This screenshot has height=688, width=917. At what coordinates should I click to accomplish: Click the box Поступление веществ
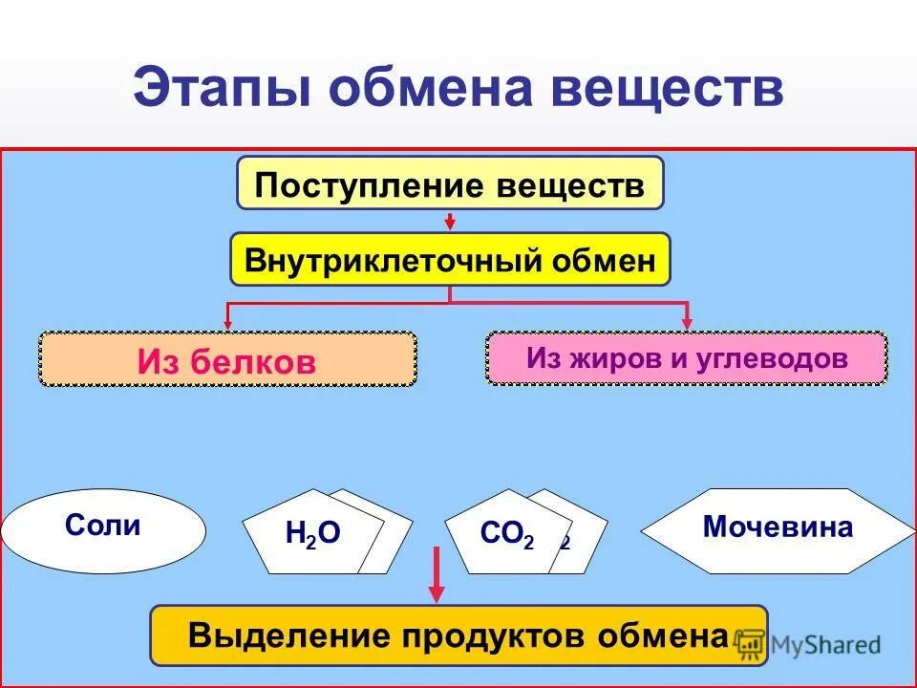450,183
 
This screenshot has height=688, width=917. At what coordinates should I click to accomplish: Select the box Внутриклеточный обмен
450,260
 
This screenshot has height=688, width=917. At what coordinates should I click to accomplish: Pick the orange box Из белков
227,360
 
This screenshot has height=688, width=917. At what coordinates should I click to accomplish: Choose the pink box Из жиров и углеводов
686,358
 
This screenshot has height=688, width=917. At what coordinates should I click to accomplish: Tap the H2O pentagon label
312,534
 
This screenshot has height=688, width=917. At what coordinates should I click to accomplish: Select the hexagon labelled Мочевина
778,527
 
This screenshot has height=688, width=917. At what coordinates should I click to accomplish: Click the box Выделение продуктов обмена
458,635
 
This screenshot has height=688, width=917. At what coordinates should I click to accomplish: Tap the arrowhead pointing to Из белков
227,323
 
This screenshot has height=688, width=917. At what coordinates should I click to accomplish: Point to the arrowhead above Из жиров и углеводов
686,323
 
